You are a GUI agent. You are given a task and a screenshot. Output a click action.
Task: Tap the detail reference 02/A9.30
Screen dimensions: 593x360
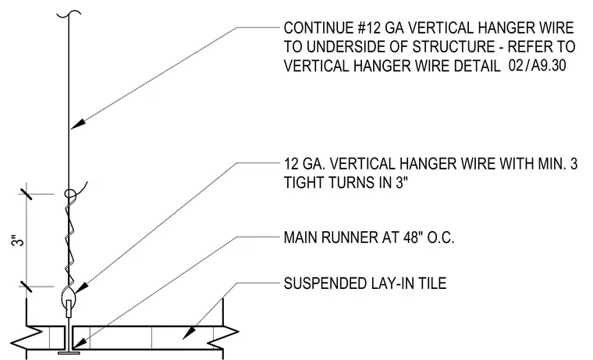point(537,66)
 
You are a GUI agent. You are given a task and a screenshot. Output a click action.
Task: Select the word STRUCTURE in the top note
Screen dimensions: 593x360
point(453,47)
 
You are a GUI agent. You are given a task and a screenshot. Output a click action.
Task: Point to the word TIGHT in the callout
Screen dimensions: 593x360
point(304,183)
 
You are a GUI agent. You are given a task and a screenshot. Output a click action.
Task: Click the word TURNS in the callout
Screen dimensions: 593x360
point(346,183)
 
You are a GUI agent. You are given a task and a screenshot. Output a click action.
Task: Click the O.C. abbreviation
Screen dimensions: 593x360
point(441,237)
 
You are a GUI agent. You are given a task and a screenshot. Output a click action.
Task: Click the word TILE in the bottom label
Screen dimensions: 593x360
point(432,283)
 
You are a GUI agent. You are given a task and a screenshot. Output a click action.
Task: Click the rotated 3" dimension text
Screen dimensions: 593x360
point(18,241)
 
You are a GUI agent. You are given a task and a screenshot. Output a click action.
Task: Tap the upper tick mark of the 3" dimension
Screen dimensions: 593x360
point(26,191)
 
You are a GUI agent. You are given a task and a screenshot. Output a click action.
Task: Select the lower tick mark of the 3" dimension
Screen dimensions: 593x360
point(26,287)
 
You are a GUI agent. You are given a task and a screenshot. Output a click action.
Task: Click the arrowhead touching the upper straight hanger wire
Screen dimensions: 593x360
point(77,123)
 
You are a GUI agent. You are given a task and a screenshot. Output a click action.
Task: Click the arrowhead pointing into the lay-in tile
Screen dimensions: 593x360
point(190,333)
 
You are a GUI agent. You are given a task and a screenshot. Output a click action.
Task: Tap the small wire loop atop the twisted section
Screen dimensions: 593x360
point(70,194)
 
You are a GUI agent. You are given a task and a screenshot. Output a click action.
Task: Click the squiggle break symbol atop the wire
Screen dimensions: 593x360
point(69,14)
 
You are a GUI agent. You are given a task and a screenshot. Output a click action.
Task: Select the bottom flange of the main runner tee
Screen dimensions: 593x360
point(69,353)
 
